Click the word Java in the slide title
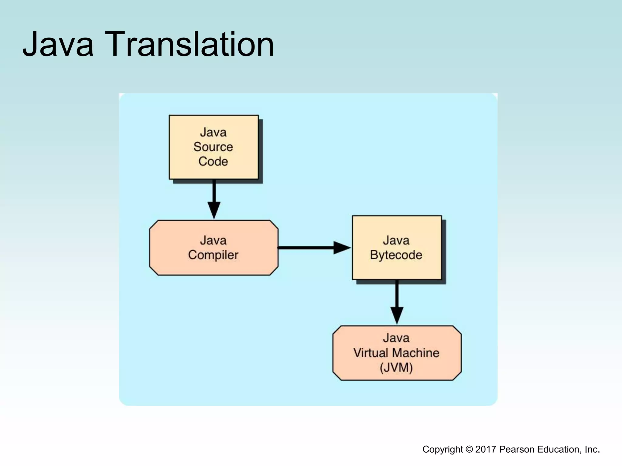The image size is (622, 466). pyautogui.click(x=58, y=45)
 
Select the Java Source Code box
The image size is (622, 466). pyautogui.click(x=214, y=147)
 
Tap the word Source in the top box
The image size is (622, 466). pyautogui.click(x=213, y=147)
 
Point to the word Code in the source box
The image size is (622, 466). pyautogui.click(x=213, y=161)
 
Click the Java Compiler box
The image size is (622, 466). pyautogui.click(x=214, y=248)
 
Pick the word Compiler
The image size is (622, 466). pyautogui.click(x=213, y=255)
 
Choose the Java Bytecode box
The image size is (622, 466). pyautogui.click(x=397, y=248)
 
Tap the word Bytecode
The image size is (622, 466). pyautogui.click(x=396, y=255)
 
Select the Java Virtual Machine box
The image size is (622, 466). pyautogui.click(x=397, y=353)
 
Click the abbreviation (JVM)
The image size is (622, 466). pyautogui.click(x=396, y=368)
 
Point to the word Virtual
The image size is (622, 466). pyautogui.click(x=371, y=353)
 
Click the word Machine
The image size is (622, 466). pyautogui.click(x=415, y=353)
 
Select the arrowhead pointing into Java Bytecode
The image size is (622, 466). pyautogui.click(x=342, y=248)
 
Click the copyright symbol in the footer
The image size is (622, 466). pyautogui.click(x=469, y=449)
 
